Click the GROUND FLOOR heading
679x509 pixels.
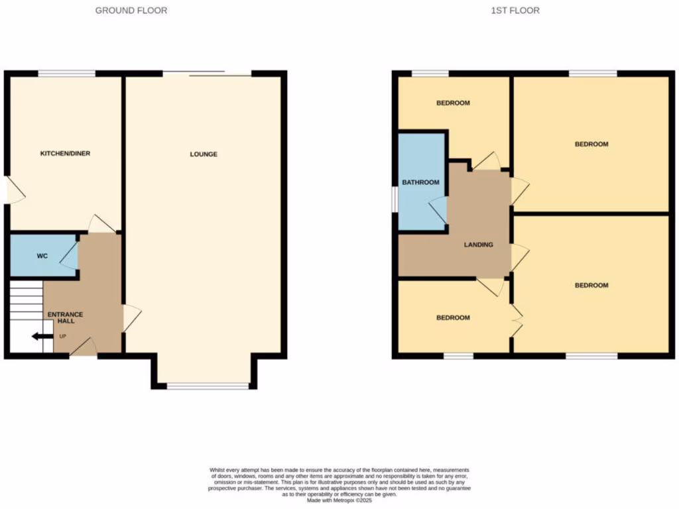coord(131,11)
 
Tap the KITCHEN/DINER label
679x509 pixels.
coord(65,153)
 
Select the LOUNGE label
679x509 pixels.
coord(204,154)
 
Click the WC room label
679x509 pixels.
coord(42,256)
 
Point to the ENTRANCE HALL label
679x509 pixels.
coord(65,317)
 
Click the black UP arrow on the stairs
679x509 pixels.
coord(42,337)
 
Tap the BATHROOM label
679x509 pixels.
coord(420,182)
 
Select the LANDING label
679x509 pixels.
coord(478,245)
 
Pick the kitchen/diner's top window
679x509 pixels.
coord(66,73)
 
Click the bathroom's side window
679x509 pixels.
coord(395,199)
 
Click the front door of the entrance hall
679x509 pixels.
coord(84,348)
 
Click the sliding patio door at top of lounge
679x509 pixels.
coord(207,74)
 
